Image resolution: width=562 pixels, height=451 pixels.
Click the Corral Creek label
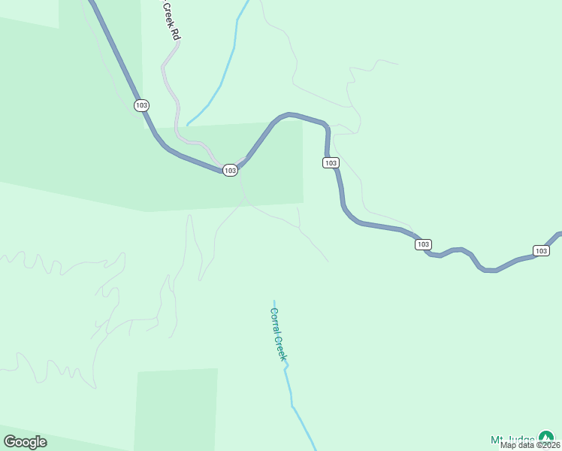(x=278, y=334)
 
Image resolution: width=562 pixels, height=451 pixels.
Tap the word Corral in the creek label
(x=275, y=319)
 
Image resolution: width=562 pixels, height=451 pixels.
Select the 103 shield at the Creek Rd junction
(x=230, y=171)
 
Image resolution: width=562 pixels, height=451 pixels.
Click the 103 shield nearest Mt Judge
(x=541, y=250)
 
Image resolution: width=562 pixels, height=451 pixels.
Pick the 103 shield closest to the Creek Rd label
(x=141, y=105)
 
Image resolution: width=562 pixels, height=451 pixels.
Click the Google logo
(x=25, y=442)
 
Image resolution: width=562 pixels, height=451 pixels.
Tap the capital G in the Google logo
(x=10, y=442)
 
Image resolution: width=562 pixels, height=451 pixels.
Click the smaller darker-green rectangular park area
(x=176, y=410)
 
